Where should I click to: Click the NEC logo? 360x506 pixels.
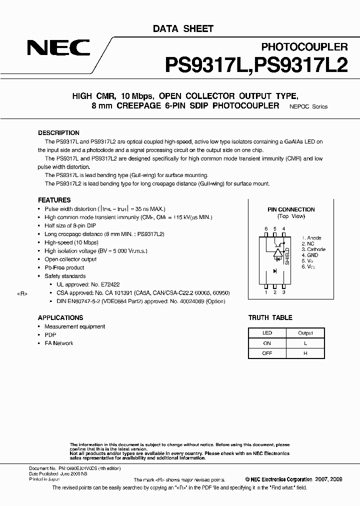tap(58, 48)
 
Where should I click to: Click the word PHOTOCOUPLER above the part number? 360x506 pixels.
tap(304, 46)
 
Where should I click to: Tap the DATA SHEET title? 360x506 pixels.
tap(183, 29)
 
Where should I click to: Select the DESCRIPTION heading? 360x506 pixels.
tap(58, 133)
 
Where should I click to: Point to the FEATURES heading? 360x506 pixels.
tap(54, 200)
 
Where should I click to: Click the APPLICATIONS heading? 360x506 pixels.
tap(60, 317)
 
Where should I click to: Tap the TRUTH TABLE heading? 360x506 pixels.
tap(270, 317)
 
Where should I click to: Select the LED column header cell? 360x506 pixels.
tap(267, 333)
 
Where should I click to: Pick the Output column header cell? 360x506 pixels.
tap(305, 333)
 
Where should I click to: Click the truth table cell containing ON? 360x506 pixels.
tap(267, 343)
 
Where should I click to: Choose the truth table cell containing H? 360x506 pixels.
tap(305, 353)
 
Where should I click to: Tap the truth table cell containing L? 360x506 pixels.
tap(305, 343)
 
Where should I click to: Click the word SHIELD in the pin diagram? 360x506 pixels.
tap(287, 255)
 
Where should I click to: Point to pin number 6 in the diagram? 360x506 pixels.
tap(266, 228)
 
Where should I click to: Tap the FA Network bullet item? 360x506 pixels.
tap(59, 343)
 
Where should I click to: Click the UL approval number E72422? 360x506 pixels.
tap(106, 284)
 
